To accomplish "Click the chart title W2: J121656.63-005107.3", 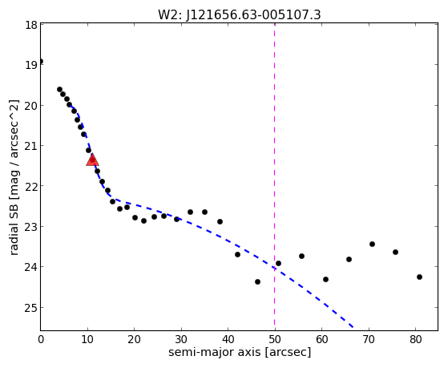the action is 240,15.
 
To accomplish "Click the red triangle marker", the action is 93,160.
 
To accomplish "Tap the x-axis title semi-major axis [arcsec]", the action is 240,352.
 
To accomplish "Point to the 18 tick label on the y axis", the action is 31,25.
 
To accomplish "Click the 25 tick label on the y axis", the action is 31,308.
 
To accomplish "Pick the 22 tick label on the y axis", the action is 31,186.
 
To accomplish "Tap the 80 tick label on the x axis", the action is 415,339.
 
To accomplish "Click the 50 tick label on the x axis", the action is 275,339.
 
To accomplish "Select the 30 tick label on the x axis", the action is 181,339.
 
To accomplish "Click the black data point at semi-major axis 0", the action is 41,62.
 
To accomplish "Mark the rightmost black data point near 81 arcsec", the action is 419,277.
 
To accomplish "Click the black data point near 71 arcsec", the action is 372,244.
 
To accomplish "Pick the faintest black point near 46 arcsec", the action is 257,281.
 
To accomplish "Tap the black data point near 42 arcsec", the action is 237,254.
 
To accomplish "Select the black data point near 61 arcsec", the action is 325,279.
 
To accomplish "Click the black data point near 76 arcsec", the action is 395,252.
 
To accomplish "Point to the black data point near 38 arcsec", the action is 220,221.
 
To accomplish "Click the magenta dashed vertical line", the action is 275,176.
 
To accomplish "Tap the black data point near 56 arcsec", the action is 301,256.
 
